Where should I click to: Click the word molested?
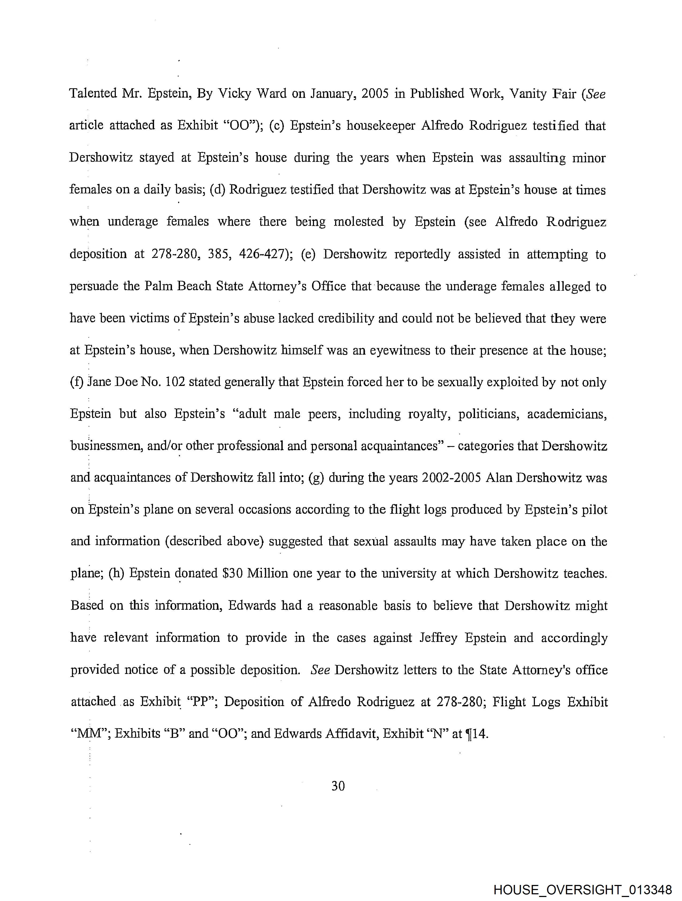[x=359, y=222]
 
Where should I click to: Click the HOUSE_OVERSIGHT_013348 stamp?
[x=582, y=889]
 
